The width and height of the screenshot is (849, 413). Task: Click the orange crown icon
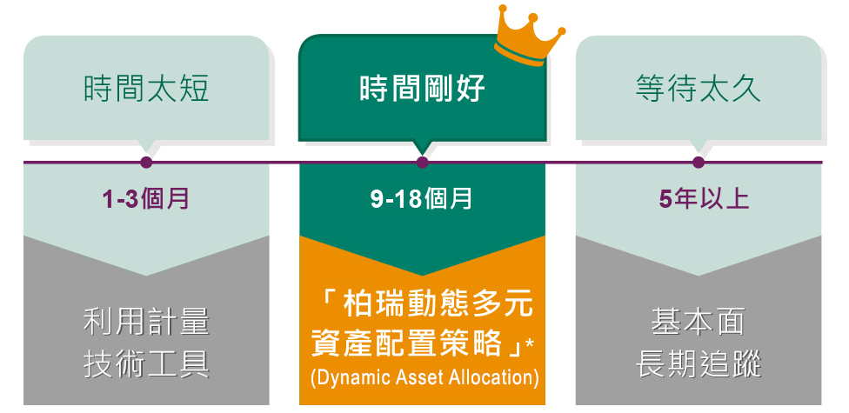[x=530, y=35]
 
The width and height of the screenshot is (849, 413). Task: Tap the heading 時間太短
[x=146, y=88]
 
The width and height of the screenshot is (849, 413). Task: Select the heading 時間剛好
[x=422, y=88]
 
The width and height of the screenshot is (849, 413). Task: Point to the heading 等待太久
[x=698, y=88]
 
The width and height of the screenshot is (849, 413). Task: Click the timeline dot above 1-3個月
[x=146, y=162]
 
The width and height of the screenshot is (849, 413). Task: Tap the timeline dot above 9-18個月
[x=423, y=162]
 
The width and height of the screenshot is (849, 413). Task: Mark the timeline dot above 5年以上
[x=699, y=162]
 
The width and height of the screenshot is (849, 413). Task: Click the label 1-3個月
[x=146, y=199]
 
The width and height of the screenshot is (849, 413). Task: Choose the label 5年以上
[x=705, y=199]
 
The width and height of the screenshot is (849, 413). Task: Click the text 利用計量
[x=146, y=322]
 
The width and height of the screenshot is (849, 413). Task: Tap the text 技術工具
[x=146, y=363]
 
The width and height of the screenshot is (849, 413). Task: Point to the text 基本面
[x=698, y=322]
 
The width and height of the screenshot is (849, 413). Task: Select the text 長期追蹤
[x=698, y=363]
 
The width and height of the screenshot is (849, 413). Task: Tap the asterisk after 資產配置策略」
[x=530, y=341]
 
